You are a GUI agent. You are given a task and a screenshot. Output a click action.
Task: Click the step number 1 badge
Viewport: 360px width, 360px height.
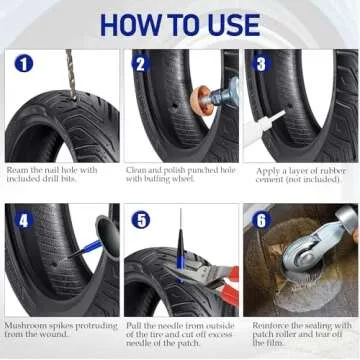point(22,64)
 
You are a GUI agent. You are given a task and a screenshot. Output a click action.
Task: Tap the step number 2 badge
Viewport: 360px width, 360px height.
point(141,64)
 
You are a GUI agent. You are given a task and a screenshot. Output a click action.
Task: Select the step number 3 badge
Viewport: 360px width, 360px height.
point(262,64)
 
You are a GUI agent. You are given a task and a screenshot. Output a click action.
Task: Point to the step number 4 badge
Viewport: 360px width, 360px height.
point(22,219)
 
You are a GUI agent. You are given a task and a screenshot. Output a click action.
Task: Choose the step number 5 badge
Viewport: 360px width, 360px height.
point(141,219)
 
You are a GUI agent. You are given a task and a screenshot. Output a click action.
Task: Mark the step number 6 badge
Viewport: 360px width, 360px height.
point(262,219)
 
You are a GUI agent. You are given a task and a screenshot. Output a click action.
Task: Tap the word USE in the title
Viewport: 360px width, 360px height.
point(233,23)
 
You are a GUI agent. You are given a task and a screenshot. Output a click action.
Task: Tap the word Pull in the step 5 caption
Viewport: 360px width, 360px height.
point(135,324)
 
